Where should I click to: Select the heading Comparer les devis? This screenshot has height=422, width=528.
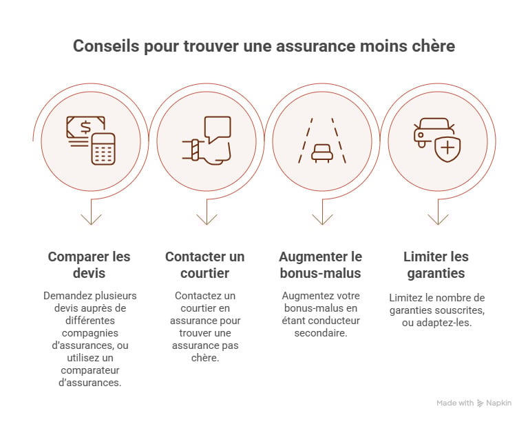pyautogui.click(x=89, y=265)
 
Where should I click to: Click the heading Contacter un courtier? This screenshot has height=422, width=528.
pyautogui.click(x=204, y=265)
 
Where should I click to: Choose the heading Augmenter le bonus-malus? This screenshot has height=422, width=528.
pyautogui.click(x=320, y=265)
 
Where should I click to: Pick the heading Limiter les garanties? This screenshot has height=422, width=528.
pyautogui.click(x=436, y=265)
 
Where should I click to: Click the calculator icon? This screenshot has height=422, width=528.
pyautogui.click(x=103, y=149)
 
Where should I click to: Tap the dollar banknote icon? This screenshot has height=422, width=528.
pyautogui.click(x=85, y=128)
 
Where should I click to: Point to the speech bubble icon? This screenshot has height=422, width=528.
pyautogui.click(x=218, y=128)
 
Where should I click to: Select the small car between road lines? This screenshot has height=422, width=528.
pyautogui.click(x=321, y=152)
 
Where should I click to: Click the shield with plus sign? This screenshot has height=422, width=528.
pyautogui.click(x=447, y=148)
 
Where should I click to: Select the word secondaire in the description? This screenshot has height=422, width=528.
pyautogui.click(x=320, y=332)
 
